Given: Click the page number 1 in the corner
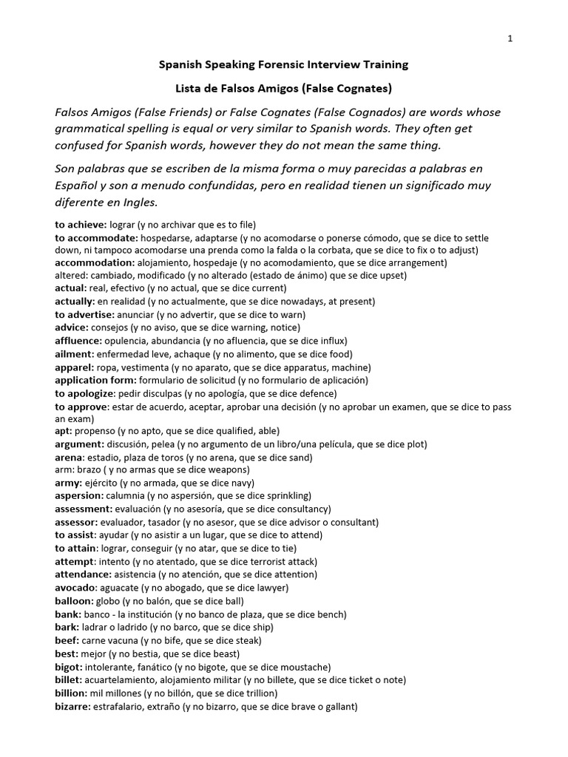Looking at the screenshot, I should pos(510,39).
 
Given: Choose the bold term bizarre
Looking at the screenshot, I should pos(72,707).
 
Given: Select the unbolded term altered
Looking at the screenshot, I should pos(71,275).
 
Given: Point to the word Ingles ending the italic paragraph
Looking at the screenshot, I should pos(141,203).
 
